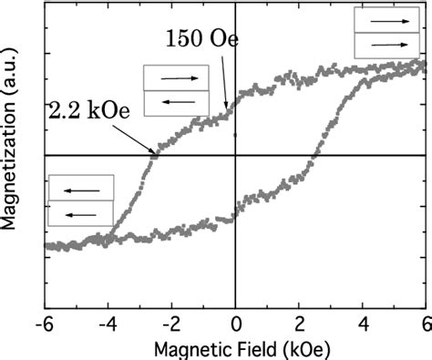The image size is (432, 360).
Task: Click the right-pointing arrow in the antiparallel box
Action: point(175,78)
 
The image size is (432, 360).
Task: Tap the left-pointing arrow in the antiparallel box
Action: point(175,102)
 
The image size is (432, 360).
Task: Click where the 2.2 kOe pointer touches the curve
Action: point(154,157)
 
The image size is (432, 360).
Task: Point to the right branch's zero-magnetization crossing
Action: point(314,157)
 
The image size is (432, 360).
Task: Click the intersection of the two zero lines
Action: point(235,157)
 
